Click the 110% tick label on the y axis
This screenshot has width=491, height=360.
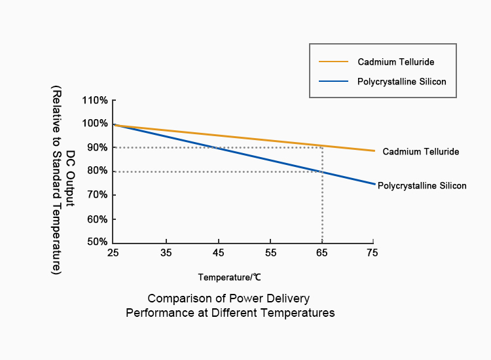[95, 100]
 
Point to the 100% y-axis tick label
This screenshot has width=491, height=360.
[95, 124]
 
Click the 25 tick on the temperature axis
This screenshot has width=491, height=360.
[114, 253]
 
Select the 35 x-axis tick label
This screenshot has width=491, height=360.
[166, 253]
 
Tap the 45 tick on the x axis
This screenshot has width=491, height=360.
[218, 253]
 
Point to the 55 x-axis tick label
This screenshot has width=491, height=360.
[270, 253]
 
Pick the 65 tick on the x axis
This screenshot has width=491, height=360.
[321, 253]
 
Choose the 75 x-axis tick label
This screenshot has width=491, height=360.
[373, 253]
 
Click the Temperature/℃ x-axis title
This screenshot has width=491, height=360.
[229, 278]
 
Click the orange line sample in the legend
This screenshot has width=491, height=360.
[334, 62]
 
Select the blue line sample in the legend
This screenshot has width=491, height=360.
[334, 82]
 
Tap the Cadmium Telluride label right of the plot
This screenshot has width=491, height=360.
[420, 152]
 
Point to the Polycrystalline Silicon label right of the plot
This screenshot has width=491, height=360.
[422, 186]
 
